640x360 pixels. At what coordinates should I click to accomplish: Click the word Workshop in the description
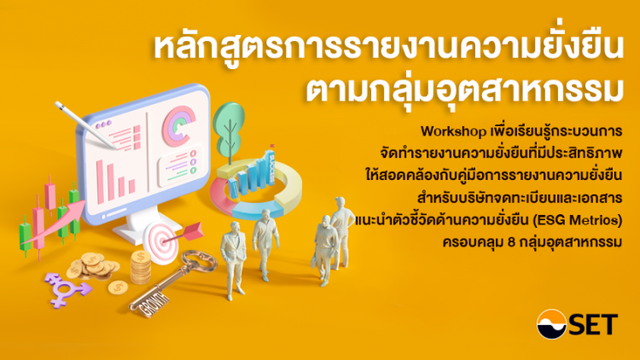pyautogui.click(x=453, y=131)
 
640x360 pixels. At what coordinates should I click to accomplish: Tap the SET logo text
pyautogui.click(x=593, y=325)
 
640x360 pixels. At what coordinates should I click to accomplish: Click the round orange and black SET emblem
pyautogui.click(x=551, y=324)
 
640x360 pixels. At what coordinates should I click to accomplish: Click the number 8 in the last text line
pyautogui.click(x=512, y=242)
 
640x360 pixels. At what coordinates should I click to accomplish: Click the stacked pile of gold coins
pyautogui.click(x=141, y=267)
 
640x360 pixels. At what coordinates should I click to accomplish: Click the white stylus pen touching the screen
pyautogui.click(x=85, y=125)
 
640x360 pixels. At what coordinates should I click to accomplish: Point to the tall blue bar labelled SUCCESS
pyautogui.click(x=270, y=168)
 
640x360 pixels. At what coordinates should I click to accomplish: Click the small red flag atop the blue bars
pyautogui.click(x=272, y=145)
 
